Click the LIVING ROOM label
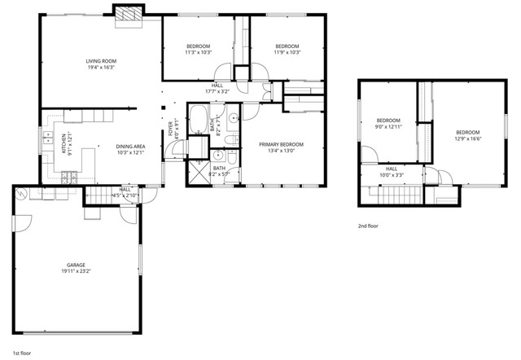pyautogui.click(x=103, y=61)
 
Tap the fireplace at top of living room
pyautogui.click(x=127, y=15)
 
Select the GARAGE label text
pyautogui.click(x=76, y=266)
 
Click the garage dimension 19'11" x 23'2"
pyautogui.click(x=76, y=272)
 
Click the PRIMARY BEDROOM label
pyautogui.click(x=282, y=143)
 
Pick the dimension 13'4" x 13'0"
pyautogui.click(x=282, y=150)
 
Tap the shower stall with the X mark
pyautogui.click(x=199, y=172)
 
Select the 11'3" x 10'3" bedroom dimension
pyautogui.click(x=199, y=52)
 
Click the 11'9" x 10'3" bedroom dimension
pyautogui.click(x=287, y=52)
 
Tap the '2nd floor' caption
pyautogui.click(x=368, y=226)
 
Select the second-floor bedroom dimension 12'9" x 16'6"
pyautogui.click(x=467, y=139)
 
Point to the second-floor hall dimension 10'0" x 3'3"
pyautogui.click(x=392, y=175)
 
